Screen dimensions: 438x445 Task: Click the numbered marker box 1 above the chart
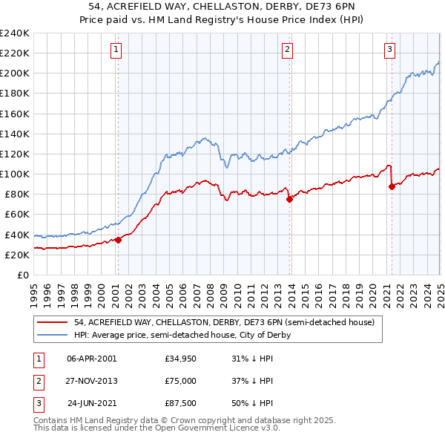[x=117, y=50]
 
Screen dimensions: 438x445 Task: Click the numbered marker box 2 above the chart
[x=287, y=50]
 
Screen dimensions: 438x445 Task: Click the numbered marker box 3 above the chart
[x=390, y=50]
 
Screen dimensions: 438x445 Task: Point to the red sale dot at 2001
[x=118, y=239]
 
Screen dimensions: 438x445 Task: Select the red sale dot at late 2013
[x=289, y=199]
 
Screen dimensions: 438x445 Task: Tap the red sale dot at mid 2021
[x=392, y=186]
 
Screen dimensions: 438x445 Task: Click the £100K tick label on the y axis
[x=15, y=174]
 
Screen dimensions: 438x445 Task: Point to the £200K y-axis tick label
[x=15, y=73]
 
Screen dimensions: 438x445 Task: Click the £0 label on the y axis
[x=23, y=275]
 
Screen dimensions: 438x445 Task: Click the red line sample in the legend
[x=52, y=323]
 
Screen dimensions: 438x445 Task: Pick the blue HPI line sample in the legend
[x=52, y=335]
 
